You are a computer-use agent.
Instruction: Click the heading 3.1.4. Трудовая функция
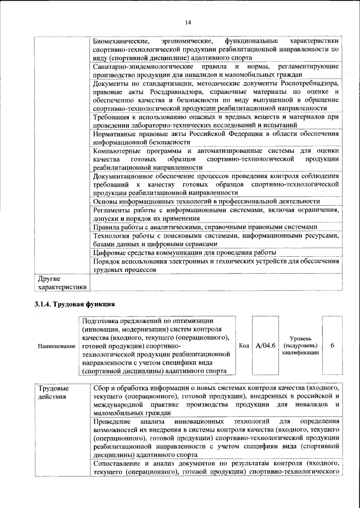pos(72,304)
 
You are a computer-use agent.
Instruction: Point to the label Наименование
pos(57,346)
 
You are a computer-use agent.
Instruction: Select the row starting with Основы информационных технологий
pos(206,201)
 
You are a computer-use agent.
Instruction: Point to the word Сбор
pos(101,388)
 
